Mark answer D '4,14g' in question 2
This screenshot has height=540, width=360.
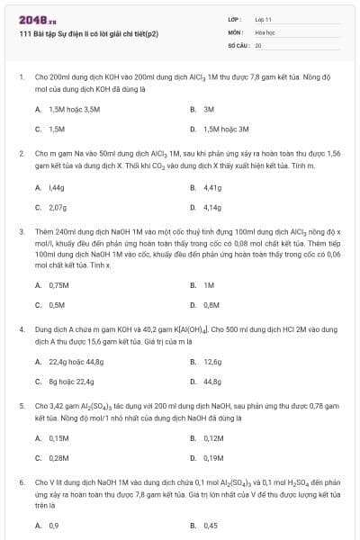pos(212,207)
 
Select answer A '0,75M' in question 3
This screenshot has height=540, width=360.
pos(59,284)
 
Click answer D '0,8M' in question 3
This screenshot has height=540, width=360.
pos(211,304)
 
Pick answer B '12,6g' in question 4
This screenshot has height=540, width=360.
pos(212,362)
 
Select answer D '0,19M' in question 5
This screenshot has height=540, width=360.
pos(213,458)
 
